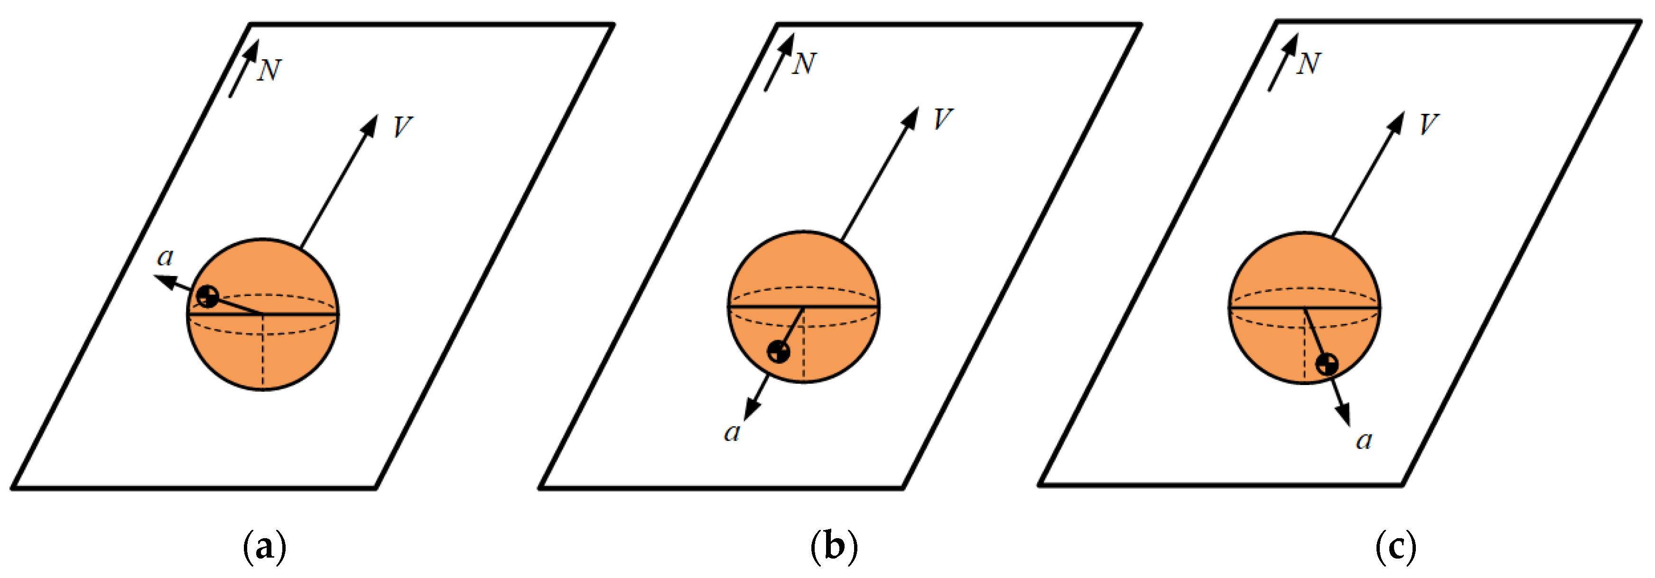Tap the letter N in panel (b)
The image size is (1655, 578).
pos(804,64)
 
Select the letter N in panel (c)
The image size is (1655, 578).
pos(1308,64)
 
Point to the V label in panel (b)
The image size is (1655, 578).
pos(942,119)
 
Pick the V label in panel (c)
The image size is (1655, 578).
pos(1428,124)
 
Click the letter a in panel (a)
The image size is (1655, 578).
pos(165,257)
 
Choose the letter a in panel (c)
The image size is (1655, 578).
pos(1364,440)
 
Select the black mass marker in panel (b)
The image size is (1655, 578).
pos(779,351)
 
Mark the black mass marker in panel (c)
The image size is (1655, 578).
pos(1327,364)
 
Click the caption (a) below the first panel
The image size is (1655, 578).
pos(265,547)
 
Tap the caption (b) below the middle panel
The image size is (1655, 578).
pos(834,547)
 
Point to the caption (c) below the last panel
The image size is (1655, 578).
pos(1396,547)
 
